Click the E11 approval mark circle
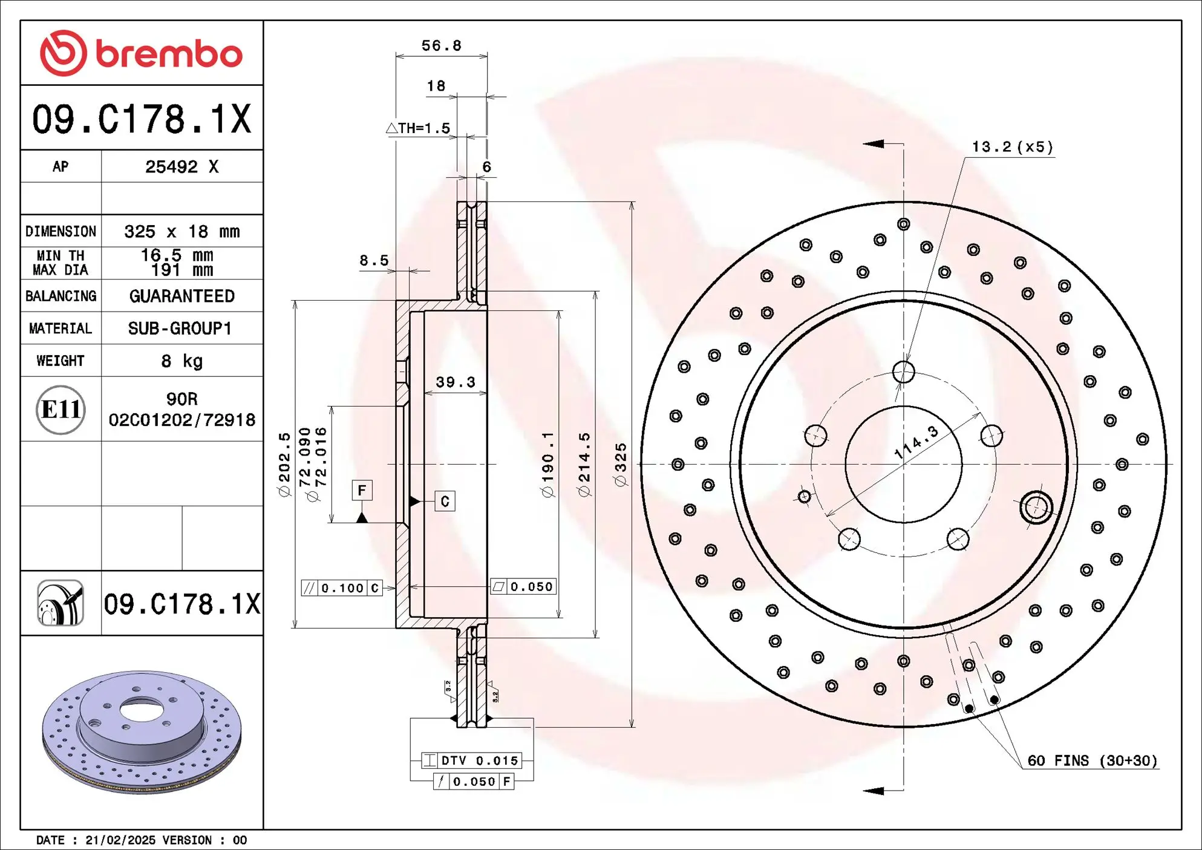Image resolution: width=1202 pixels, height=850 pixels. click(60, 410)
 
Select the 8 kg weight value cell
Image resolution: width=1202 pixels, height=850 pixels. click(181, 361)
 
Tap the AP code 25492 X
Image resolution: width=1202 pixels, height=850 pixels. click(181, 167)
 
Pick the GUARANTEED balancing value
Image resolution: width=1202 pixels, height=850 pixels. click(181, 296)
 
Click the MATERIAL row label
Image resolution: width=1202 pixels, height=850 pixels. click(60, 329)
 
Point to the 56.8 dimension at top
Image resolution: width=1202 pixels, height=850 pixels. click(441, 46)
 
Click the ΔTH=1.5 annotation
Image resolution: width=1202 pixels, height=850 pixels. click(419, 128)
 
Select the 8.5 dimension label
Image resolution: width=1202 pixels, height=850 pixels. click(374, 261)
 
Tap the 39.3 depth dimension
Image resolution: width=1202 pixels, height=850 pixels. click(456, 382)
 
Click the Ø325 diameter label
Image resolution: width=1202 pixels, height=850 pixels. click(621, 465)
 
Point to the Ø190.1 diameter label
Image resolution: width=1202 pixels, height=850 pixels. click(547, 465)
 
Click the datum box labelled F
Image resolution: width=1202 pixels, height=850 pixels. click(362, 490)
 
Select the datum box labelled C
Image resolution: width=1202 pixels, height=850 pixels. click(445, 501)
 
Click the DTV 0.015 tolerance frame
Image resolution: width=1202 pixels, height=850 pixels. click(471, 760)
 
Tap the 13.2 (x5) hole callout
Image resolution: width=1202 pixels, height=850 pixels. click(1012, 147)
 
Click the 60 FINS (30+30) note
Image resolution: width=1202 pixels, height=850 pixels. click(1092, 760)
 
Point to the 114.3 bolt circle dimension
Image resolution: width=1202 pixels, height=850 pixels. click(916, 442)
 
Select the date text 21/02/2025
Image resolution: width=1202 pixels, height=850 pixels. click(120, 840)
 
